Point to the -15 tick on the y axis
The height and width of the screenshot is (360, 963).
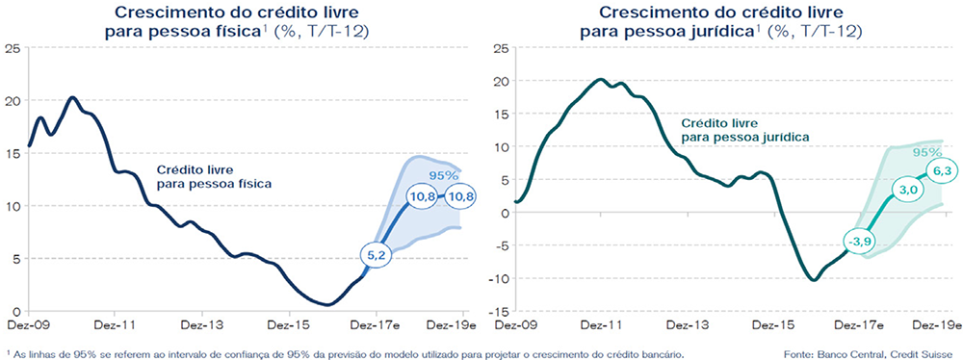click(x=502, y=312)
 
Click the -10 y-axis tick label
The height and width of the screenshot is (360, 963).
click(x=502, y=278)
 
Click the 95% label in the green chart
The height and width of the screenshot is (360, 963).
click(x=926, y=152)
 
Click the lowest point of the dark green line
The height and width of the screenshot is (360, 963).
click(x=814, y=280)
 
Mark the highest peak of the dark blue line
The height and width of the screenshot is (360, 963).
click(x=72, y=97)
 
